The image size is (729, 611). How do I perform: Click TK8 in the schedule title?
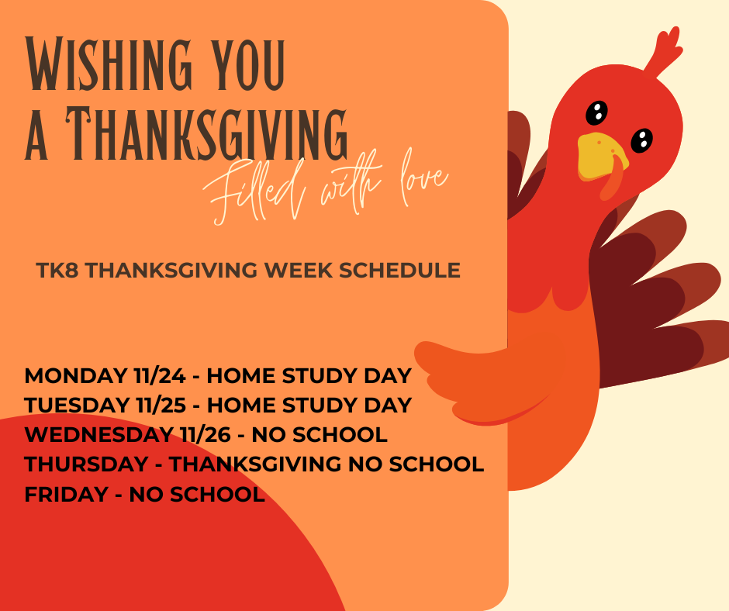click(55, 271)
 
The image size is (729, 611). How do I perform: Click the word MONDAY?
click(71, 376)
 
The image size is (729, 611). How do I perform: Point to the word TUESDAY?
click(74, 406)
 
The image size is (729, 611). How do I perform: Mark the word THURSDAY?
click(86, 464)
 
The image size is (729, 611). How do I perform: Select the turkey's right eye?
click(641, 140)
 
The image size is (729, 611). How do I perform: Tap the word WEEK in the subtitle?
click(295, 271)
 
